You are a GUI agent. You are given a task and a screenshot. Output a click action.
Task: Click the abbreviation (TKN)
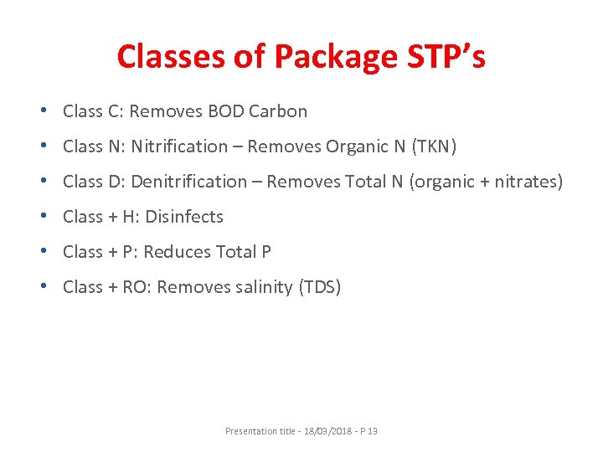tap(429, 146)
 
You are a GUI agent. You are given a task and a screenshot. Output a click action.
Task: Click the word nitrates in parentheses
tap(524, 182)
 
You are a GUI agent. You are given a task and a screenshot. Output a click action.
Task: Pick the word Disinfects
tap(184, 217)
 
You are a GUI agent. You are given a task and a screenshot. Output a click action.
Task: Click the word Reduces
tap(179, 252)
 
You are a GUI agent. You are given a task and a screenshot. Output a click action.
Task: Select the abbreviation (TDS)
tap(320, 287)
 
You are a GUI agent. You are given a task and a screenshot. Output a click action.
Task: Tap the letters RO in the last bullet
tap(137, 287)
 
